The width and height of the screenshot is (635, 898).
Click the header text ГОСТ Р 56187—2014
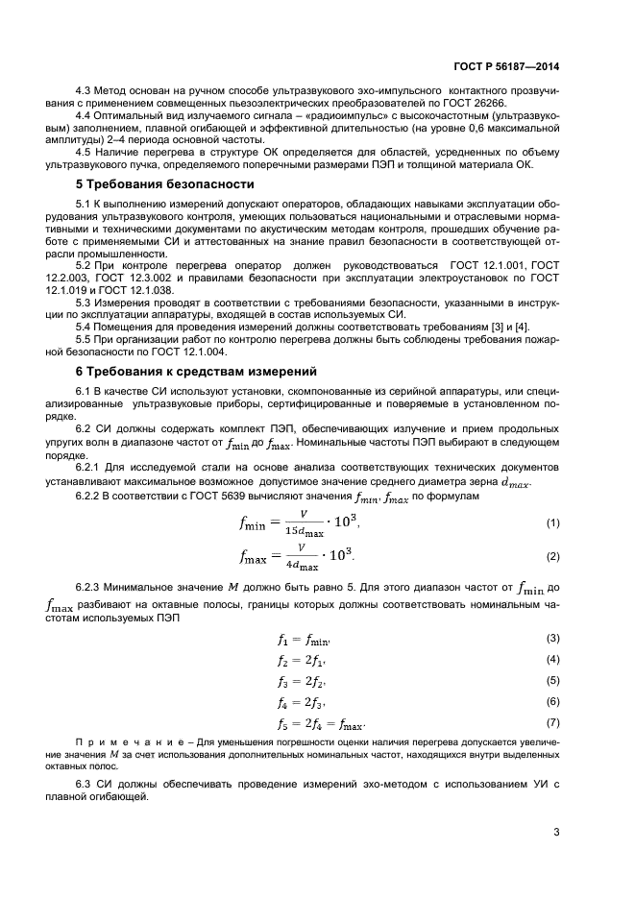[x=506, y=67]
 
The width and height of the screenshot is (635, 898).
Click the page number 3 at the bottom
[x=556, y=832]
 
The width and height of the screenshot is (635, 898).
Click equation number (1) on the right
[x=552, y=522]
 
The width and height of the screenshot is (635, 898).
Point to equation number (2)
[x=552, y=556]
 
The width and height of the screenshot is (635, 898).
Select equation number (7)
[x=552, y=721]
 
